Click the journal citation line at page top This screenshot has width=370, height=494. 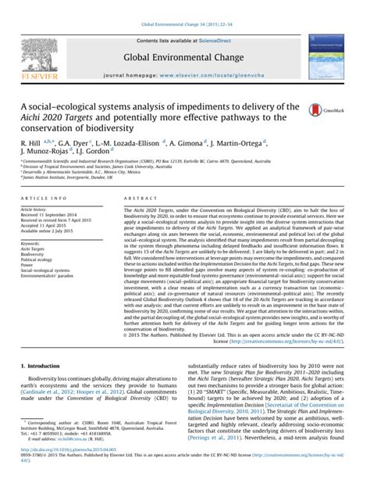click(184, 6)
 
